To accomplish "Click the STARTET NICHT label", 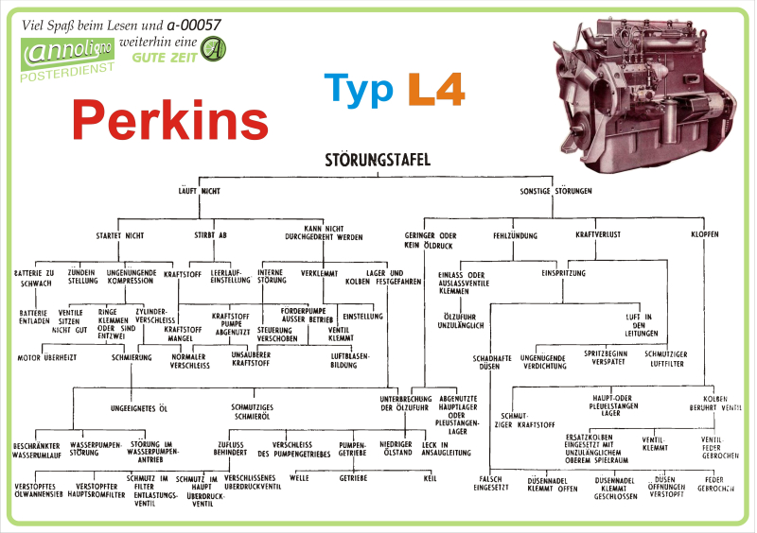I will [x=120, y=233].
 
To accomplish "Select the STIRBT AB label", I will [x=210, y=233].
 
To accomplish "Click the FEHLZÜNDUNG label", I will [x=515, y=234].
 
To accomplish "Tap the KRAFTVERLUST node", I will [x=598, y=234].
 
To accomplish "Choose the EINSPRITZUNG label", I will [x=563, y=273].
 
